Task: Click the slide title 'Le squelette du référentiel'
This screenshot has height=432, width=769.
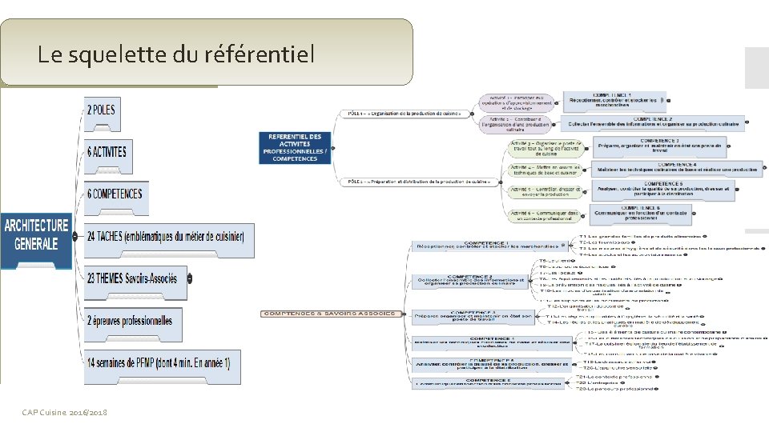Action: [176, 54]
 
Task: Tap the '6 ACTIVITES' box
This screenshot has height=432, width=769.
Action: [107, 152]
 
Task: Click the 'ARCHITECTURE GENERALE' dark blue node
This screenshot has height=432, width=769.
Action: [37, 234]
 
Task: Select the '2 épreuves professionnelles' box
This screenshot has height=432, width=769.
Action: [130, 321]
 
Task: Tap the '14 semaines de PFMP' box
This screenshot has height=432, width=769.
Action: [158, 362]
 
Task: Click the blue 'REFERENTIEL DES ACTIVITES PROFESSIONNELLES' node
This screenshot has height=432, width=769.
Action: [295, 147]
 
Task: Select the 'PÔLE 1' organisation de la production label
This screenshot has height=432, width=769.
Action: [405, 114]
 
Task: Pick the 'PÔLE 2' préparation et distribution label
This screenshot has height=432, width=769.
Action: [418, 182]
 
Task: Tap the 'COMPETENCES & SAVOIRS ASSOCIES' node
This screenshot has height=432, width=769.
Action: [330, 313]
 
